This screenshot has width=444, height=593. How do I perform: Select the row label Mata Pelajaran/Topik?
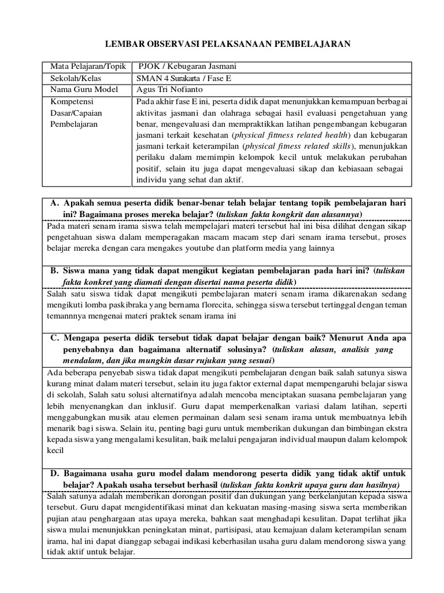coord(83,67)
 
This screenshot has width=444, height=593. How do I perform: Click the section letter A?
coord(54,203)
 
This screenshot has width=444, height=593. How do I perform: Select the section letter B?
coord(54,271)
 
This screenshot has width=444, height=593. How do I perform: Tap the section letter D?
coord(54,473)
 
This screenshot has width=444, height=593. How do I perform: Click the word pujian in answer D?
coord(57,519)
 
